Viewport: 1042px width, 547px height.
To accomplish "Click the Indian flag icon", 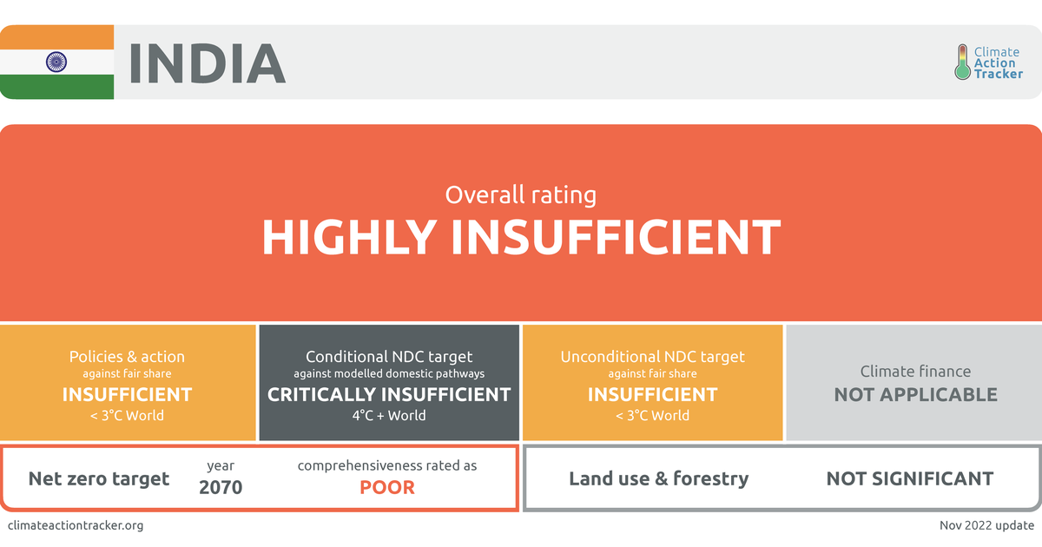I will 57,62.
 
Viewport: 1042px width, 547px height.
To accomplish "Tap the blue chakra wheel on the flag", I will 57,62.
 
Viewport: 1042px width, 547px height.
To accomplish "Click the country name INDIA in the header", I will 207,63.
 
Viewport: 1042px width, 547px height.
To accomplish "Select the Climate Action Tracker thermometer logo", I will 962,63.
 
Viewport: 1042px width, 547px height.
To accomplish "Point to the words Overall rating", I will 520,194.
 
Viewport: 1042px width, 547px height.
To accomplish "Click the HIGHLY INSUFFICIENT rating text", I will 521,237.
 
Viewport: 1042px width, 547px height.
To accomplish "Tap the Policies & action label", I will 127,357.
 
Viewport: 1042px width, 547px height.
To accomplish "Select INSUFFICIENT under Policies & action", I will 127,394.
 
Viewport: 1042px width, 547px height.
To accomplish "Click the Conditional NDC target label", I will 389,357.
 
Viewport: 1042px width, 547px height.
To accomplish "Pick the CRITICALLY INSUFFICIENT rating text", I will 389,394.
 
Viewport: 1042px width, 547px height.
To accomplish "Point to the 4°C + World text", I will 389,415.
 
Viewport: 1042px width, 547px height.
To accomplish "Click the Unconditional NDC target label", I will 652,357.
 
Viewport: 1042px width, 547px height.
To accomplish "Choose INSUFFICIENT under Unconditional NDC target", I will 652,394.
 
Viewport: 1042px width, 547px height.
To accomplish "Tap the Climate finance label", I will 915,372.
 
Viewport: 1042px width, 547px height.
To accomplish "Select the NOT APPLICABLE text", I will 915,394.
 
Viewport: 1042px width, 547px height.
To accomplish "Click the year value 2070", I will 221,487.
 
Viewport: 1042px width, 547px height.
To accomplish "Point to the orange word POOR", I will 387,487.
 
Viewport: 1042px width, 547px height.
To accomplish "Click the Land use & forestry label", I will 658,478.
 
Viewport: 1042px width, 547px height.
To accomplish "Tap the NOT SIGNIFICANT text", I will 909,478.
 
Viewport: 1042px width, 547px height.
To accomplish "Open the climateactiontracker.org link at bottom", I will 75,525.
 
